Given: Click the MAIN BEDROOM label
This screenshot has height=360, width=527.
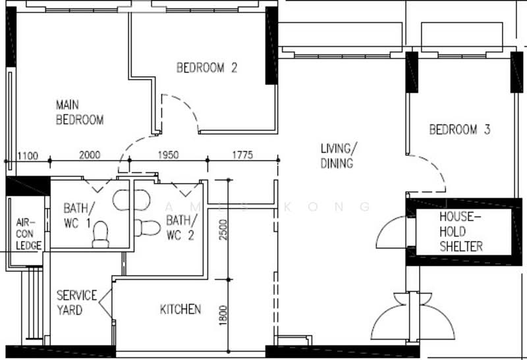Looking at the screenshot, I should point(80,113).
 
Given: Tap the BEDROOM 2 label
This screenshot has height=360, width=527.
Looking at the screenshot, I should point(206,67).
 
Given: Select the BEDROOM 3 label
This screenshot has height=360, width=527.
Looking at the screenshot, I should point(459,130).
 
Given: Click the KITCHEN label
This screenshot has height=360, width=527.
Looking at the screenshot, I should point(180,309).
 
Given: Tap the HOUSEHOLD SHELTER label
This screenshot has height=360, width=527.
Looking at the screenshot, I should point(460,232).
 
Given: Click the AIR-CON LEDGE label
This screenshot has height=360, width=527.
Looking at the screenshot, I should point(28,234).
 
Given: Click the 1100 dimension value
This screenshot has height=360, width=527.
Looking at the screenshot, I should point(28,155).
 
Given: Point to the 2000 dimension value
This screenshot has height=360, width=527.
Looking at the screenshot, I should point(90,155).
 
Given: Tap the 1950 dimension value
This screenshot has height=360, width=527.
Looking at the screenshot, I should point(168,155).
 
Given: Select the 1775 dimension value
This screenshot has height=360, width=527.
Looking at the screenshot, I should point(242,155).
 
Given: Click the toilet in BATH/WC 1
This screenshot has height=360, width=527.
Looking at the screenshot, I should point(100,234).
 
